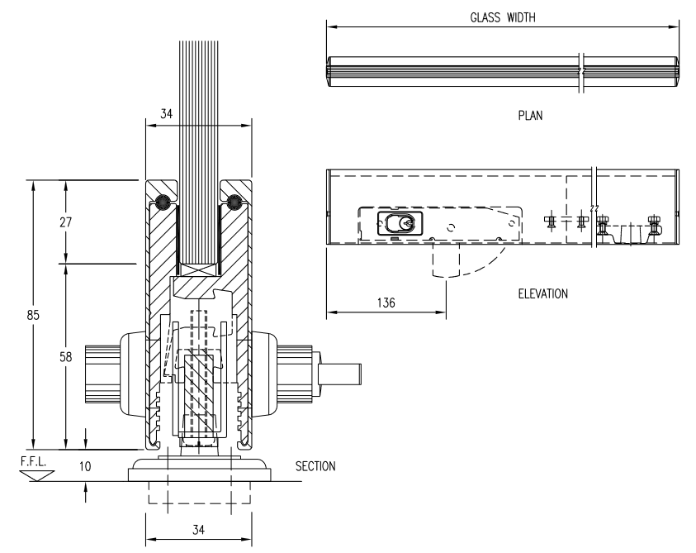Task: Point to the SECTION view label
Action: (x=315, y=466)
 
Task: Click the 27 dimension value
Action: (x=54, y=222)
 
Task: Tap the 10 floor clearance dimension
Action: (x=86, y=466)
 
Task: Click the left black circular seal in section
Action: (x=162, y=200)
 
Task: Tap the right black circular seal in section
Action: (x=235, y=200)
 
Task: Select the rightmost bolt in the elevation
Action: (x=656, y=226)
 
